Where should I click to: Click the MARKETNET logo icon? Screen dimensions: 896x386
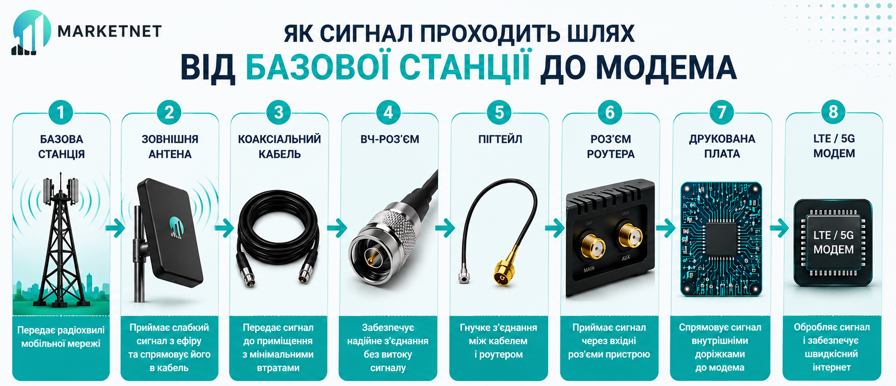pyautogui.click(x=31, y=32)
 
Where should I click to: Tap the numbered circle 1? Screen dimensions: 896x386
pyautogui.click(x=61, y=112)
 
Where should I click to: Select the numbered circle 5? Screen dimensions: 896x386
pyautogui.click(x=499, y=112)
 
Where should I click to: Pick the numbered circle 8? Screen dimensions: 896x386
pyautogui.click(x=833, y=112)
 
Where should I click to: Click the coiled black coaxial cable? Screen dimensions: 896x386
pyautogui.click(x=278, y=238)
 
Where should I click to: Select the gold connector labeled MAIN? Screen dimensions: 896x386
pyautogui.click(x=593, y=247)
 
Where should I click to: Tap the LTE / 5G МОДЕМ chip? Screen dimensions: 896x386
pyautogui.click(x=833, y=243)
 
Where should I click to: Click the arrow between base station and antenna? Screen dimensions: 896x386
pyautogui.click(x=115, y=228)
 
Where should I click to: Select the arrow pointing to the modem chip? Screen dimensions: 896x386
pyautogui.click(x=779, y=228)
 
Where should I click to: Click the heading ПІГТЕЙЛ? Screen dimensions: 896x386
pyautogui.click(x=500, y=139)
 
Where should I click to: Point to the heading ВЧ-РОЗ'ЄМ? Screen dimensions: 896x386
pyautogui.click(x=390, y=139)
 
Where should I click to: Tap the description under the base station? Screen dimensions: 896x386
pyautogui.click(x=61, y=337)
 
